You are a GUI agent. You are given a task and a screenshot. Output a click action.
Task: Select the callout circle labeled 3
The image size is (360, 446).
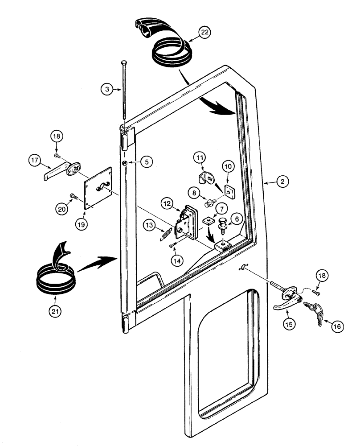point(106,89)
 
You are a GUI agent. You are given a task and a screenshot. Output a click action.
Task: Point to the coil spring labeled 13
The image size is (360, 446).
point(166,233)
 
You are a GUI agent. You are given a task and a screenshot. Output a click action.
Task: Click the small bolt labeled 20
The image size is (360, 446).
point(74,196)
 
